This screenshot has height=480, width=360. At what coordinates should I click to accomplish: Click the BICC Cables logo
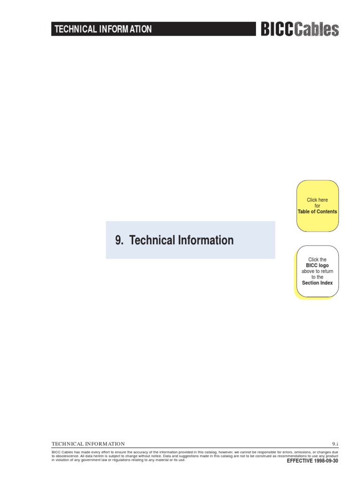click(300, 29)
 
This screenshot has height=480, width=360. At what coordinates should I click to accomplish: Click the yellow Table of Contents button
click(317, 206)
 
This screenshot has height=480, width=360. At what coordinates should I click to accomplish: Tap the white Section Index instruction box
click(317, 271)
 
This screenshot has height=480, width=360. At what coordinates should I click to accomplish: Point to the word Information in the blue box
click(206, 240)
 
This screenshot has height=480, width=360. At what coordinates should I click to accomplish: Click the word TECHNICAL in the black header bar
click(75, 29)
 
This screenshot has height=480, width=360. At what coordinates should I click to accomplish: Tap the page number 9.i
click(335, 444)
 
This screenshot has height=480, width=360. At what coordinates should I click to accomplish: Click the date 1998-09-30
click(326, 461)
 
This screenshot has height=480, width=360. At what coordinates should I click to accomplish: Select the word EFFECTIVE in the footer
click(300, 461)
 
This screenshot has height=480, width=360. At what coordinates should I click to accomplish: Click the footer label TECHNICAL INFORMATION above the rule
click(88, 444)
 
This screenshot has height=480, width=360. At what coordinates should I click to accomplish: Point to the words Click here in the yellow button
click(317, 200)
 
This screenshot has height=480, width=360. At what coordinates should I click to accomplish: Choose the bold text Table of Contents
click(317, 211)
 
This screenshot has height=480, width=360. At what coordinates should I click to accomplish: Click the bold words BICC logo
click(317, 265)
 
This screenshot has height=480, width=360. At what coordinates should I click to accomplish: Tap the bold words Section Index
click(317, 283)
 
